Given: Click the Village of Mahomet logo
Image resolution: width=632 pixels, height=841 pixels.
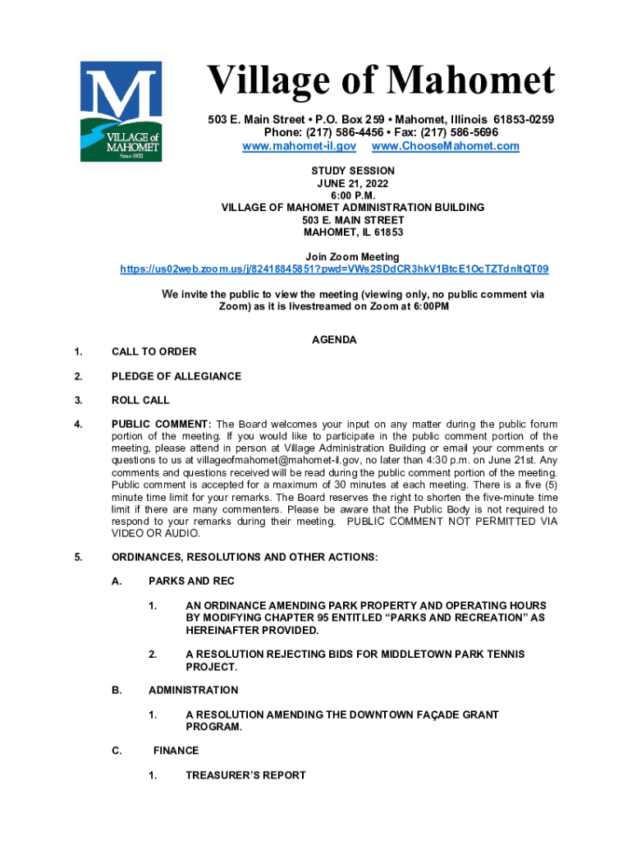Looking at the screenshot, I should point(120,109).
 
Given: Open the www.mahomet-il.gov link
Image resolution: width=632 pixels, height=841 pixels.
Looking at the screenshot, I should point(299,146).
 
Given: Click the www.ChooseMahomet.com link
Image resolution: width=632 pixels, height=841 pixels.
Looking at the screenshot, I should point(446,146).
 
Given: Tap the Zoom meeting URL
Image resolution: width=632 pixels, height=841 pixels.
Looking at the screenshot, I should point(334,269).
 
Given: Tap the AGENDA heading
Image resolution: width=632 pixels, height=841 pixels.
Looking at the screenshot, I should point(334,339).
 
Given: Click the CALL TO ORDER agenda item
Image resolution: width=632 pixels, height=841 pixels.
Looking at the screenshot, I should point(153,352).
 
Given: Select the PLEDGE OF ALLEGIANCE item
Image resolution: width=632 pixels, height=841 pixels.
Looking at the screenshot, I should point(176,376).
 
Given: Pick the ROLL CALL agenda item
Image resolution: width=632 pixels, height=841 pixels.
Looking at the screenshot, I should point(140,401).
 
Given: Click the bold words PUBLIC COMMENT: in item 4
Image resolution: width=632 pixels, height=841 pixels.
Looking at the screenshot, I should point(162,424).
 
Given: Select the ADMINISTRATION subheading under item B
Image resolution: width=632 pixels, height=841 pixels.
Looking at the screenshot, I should point(193,690).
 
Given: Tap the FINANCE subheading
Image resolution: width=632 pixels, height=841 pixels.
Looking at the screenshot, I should point(176,751).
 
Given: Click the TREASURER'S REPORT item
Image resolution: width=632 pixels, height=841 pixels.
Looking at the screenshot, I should point(245,775).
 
